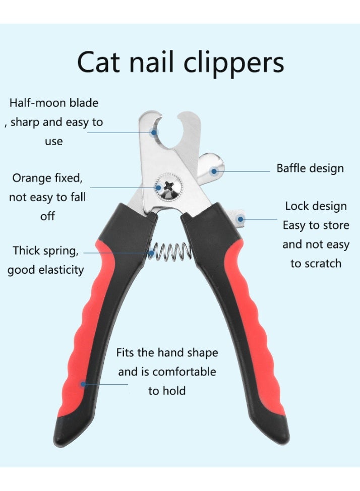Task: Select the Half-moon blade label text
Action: point(54,103)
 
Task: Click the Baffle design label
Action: point(310,168)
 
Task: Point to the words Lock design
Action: point(316,206)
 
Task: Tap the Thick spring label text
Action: point(45,251)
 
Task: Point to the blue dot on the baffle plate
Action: point(214,171)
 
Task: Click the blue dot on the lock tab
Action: point(241,219)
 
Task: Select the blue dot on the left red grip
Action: point(82,384)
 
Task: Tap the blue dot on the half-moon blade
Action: point(154,133)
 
